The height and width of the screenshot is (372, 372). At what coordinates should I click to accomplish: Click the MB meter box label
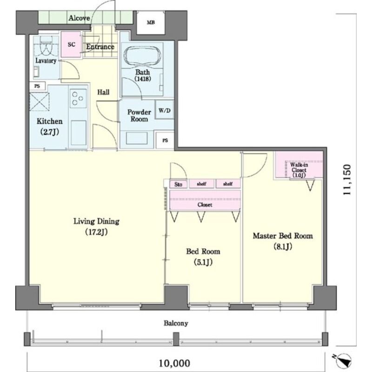click(151, 22)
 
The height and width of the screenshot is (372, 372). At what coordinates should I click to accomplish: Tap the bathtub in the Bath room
click(142, 55)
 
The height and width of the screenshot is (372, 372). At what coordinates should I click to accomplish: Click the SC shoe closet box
click(71, 44)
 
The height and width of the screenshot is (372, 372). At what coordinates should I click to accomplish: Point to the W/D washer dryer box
click(165, 110)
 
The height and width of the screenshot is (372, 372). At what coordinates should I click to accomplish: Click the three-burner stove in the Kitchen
click(78, 98)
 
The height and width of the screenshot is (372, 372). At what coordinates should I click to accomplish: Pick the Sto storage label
click(178, 184)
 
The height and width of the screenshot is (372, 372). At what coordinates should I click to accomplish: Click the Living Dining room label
click(96, 221)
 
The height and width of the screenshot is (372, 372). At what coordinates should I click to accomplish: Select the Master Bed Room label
click(283, 236)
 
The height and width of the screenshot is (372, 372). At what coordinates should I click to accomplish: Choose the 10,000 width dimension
click(174, 363)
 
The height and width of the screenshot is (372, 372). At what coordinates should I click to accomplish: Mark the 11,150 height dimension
click(346, 179)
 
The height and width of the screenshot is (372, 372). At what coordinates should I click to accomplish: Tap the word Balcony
click(176, 323)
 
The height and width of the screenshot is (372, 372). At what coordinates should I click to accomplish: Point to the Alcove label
click(79, 18)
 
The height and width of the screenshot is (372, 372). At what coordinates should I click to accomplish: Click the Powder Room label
click(139, 115)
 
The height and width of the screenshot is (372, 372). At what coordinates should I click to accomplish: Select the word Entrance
click(100, 47)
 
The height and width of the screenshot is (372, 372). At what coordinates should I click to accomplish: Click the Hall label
click(103, 92)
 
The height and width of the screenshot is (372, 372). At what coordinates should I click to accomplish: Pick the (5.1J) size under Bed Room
click(203, 262)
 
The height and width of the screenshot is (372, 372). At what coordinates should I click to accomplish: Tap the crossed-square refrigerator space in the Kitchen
click(40, 102)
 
